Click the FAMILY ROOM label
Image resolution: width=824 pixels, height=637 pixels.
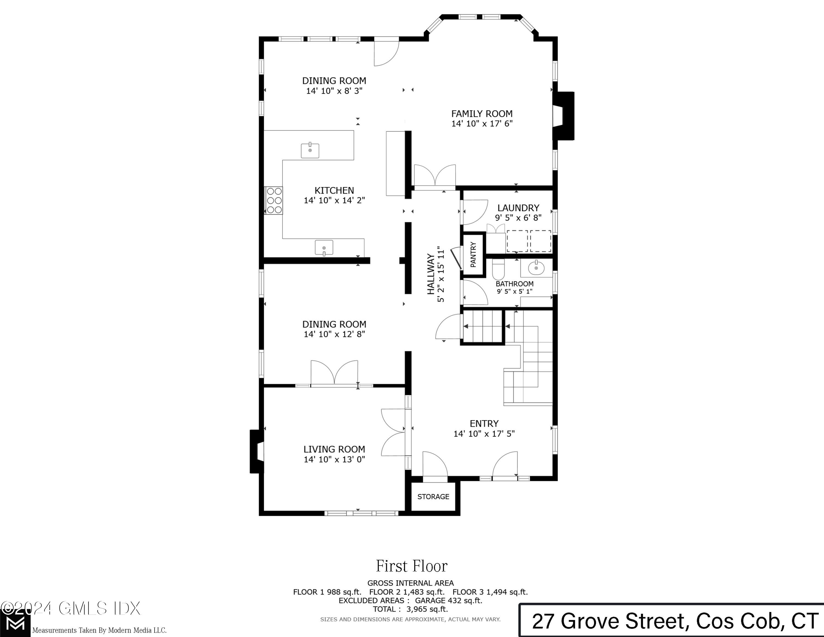click(482, 113)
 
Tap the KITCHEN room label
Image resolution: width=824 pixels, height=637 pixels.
click(334, 190)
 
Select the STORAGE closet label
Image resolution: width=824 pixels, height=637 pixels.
click(433, 497)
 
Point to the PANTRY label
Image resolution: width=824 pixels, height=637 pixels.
click(474, 255)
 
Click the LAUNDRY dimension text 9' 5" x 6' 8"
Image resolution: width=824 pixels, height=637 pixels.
click(518, 218)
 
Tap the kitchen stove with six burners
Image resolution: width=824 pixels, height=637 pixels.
click(274, 200)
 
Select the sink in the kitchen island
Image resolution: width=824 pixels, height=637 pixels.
click(310, 150)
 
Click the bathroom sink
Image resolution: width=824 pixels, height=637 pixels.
click(536, 268)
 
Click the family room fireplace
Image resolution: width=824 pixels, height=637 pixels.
click(563, 116)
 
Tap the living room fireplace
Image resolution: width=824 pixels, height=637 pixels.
click(257, 451)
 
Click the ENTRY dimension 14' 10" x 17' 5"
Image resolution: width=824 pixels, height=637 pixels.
click(484, 434)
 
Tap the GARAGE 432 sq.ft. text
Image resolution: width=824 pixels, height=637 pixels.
click(449, 600)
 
